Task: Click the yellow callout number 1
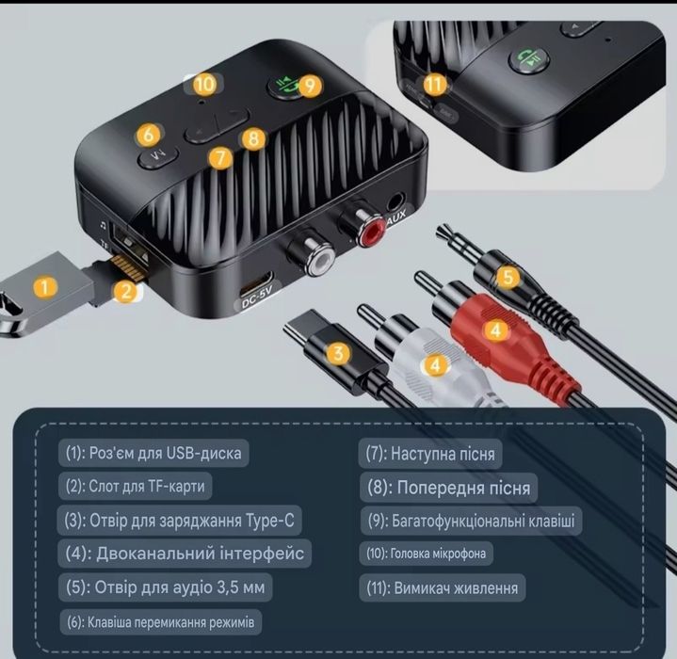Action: (x=45, y=286)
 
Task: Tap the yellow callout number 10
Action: (x=204, y=84)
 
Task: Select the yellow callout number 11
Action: (x=434, y=84)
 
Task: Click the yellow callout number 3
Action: (x=338, y=353)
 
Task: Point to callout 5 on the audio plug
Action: (x=508, y=277)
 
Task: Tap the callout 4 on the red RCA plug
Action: (x=495, y=330)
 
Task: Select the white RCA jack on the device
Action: (x=319, y=264)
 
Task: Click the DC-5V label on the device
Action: (x=257, y=297)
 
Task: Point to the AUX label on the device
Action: (x=395, y=217)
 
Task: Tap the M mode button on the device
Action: (x=157, y=157)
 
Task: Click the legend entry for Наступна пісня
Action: (x=430, y=454)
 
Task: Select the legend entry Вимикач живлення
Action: (x=443, y=587)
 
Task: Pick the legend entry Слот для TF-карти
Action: (x=136, y=486)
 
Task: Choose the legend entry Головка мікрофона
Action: (x=427, y=554)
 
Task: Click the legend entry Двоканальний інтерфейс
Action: (x=185, y=554)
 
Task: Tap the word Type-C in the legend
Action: (x=270, y=521)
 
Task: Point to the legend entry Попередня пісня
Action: (x=448, y=488)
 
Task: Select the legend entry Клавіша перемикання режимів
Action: (x=160, y=622)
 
